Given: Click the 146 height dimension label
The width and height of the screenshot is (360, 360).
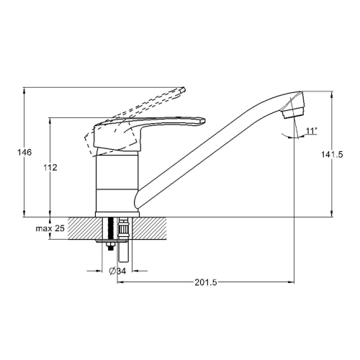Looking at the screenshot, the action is click(24, 152).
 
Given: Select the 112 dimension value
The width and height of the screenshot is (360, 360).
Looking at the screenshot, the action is click(50, 168).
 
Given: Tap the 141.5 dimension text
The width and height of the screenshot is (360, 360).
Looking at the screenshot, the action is click(332, 155).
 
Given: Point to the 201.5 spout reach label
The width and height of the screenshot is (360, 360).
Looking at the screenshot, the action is click(206, 282).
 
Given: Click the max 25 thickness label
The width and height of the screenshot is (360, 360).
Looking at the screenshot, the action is click(50, 228).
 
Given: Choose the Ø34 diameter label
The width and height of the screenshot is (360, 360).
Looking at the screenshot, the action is click(117, 271).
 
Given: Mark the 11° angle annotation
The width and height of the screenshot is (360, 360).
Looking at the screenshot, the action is click(311, 131).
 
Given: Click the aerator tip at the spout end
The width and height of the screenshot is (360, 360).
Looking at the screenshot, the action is click(294, 113).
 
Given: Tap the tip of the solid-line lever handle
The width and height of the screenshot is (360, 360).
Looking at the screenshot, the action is click(204, 120).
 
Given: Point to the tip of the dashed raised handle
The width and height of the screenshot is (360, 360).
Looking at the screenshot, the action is click(184, 89).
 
